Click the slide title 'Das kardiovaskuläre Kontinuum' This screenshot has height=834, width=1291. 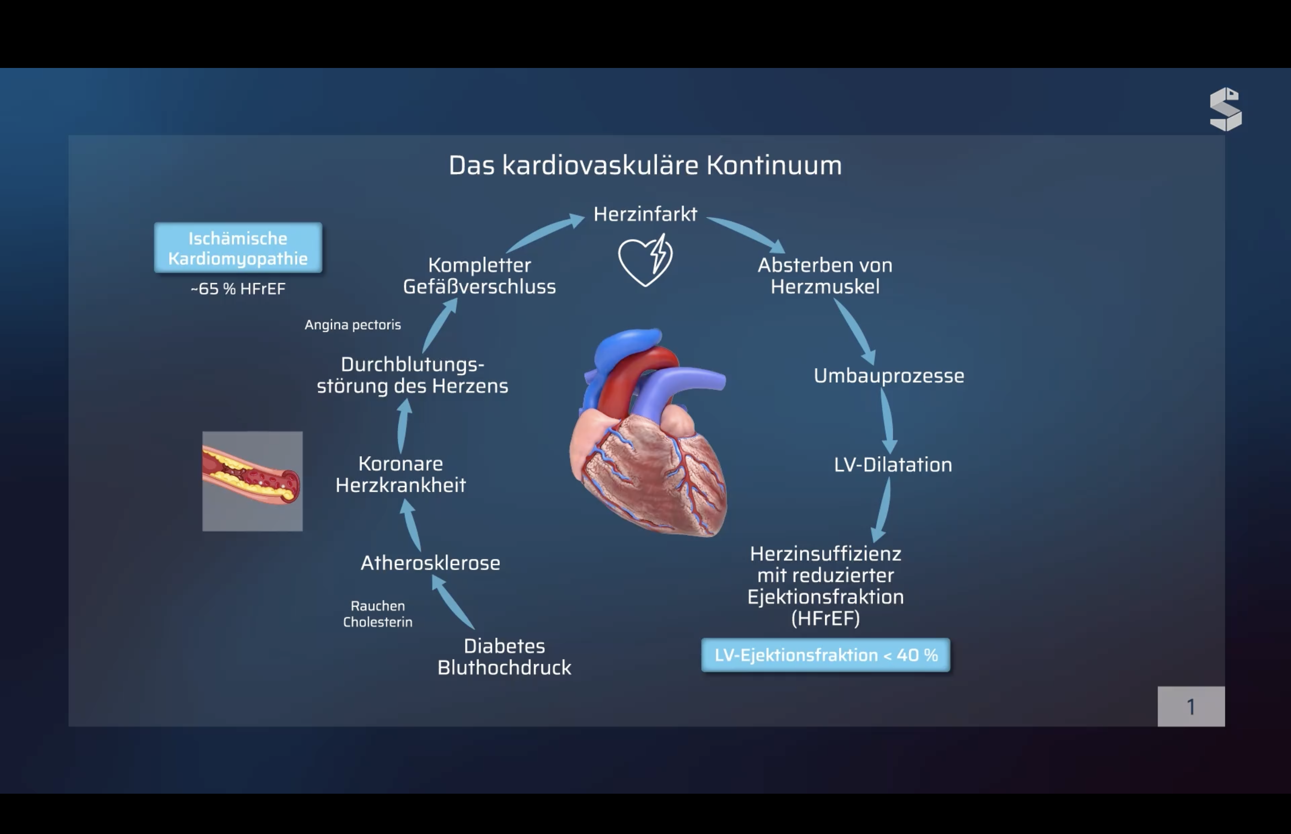(645, 165)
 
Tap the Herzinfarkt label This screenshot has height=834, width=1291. (645, 214)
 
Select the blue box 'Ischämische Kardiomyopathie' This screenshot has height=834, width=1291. (238, 248)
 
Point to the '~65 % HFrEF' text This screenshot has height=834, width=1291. (238, 289)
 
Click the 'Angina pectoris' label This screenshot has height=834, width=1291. (353, 325)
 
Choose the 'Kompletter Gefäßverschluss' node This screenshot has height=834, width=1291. (479, 276)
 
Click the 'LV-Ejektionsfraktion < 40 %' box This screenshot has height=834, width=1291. (826, 655)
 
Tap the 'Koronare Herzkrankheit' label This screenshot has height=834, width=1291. (401, 474)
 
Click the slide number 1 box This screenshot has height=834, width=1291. (1191, 707)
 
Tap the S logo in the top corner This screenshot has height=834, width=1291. (1226, 109)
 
